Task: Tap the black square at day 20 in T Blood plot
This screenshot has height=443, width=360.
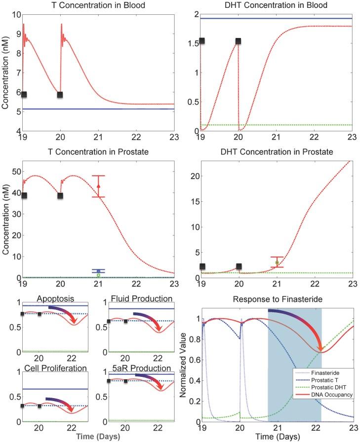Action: [60, 95]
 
